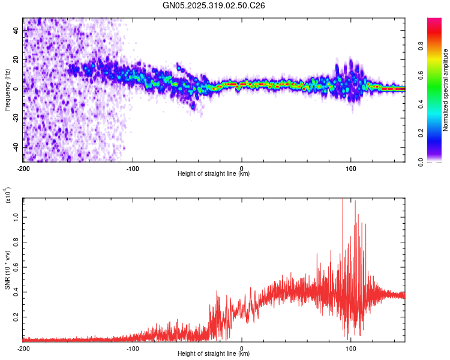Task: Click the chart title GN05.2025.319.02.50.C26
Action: click(x=214, y=6)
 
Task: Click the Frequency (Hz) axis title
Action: click(x=7, y=89)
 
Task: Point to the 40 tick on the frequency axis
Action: click(x=17, y=30)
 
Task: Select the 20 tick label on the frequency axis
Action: click(x=17, y=59)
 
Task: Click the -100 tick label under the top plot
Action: click(x=133, y=167)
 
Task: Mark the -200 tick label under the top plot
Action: click(x=24, y=167)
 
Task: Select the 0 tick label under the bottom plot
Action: click(x=241, y=347)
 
